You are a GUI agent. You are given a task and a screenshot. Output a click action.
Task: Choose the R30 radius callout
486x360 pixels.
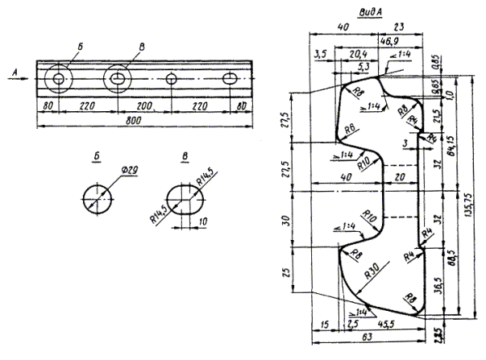click(373, 271)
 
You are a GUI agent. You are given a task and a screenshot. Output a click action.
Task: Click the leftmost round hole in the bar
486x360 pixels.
click(59, 79)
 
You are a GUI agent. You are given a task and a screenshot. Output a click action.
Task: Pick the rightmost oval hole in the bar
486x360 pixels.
click(231, 79)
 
